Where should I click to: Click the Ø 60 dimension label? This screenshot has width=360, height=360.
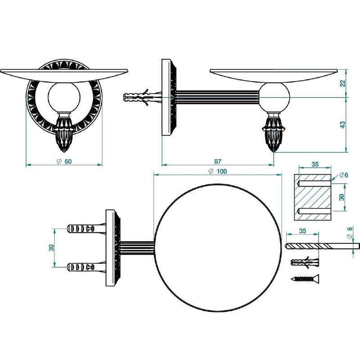coord(64,162)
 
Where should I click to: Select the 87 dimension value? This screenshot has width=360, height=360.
coord(217,162)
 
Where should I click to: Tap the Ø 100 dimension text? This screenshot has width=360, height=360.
coord(218,171)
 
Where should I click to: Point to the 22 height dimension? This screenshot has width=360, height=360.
coord(342,83)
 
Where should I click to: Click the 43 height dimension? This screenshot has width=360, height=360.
coord(342,125)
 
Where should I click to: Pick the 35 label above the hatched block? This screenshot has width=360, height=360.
coord(315,164)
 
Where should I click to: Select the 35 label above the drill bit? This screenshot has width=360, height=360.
coord(302,231)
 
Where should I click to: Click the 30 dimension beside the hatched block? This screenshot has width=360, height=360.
coord(342,197)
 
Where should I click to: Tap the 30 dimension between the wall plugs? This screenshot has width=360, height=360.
coord(51,248)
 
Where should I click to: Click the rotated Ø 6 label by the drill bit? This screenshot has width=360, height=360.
coord(350,233)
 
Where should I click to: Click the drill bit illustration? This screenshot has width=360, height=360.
coord(322,246)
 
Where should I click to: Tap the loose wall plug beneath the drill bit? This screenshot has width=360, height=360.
coord(305,262)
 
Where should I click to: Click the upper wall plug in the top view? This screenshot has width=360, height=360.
coord(86,229)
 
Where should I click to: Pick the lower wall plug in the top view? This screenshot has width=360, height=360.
coord(86,267)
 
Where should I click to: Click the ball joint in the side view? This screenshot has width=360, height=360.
coord(274,98)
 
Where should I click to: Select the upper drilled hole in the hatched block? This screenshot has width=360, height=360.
coord(314,184)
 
